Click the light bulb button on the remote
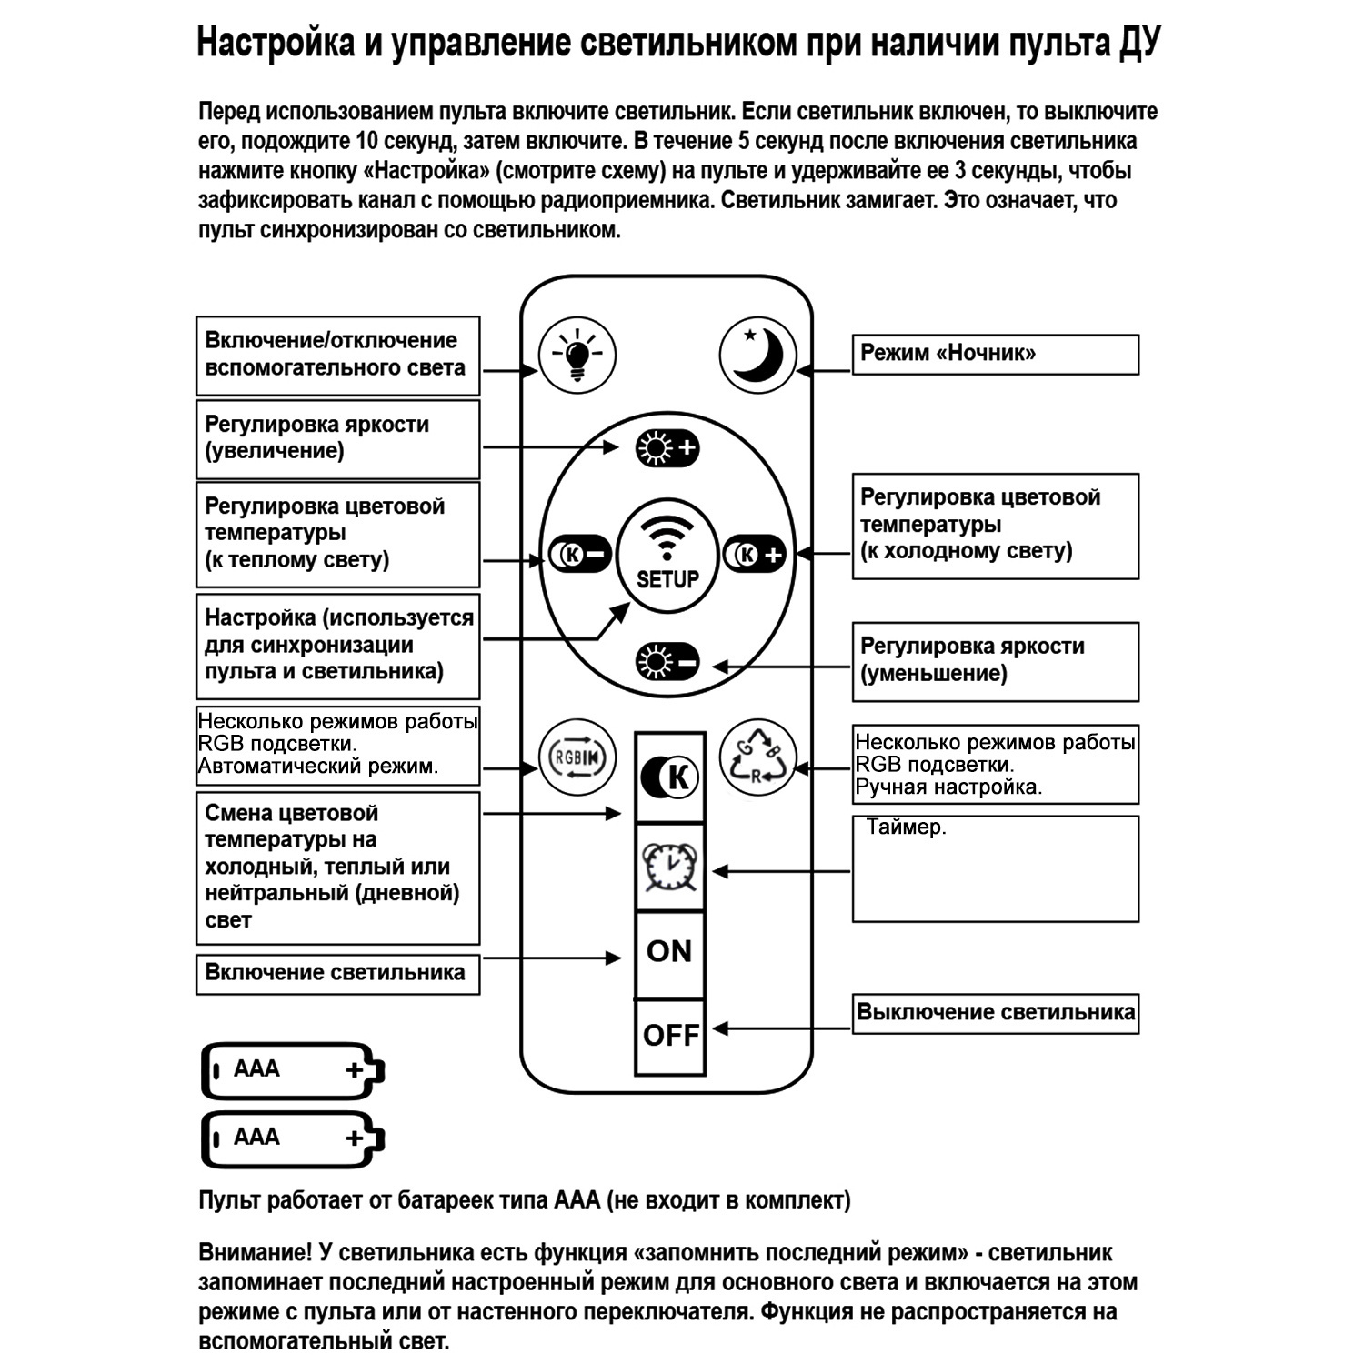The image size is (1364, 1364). tap(577, 355)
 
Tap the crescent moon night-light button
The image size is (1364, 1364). tap(757, 355)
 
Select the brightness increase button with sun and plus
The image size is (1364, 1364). tap(667, 448)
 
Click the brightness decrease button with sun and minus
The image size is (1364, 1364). tap(667, 662)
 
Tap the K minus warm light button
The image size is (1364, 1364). tap(580, 554)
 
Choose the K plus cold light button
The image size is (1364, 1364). tap(755, 554)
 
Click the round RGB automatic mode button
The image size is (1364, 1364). tap(577, 757)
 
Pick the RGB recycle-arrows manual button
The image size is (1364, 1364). tap(757, 757)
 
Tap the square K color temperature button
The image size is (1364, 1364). tap(670, 777)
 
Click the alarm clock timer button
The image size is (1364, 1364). tap(670, 868)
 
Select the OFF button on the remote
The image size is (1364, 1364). tap(670, 1035)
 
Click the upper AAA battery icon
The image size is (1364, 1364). tap(292, 1070)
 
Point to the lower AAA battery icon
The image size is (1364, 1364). tap(292, 1138)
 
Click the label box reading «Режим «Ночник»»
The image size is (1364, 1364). tap(995, 354)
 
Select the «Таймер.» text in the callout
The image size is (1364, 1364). tap(906, 827)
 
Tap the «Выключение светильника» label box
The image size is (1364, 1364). tap(995, 1013)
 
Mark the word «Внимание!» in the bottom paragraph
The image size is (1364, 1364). tap(255, 1252)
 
